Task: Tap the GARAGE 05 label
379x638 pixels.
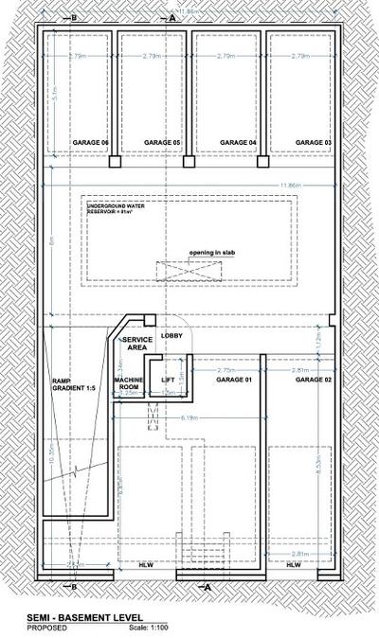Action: (162, 142)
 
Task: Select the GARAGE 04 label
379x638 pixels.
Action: (238, 142)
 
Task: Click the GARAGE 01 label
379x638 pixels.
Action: (235, 380)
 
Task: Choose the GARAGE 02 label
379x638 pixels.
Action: (312, 380)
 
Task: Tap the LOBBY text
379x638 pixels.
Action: (171, 336)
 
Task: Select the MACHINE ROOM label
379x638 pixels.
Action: (128, 383)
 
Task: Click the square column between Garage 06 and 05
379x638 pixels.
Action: (114, 162)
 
